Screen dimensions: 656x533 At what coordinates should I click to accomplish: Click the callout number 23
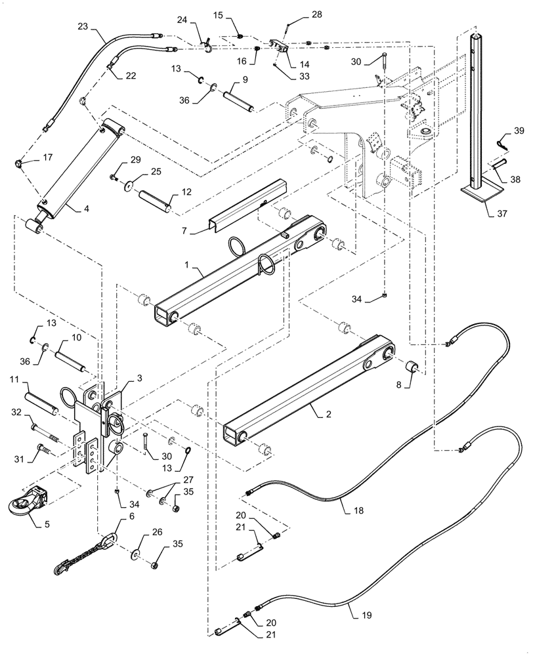[82, 27]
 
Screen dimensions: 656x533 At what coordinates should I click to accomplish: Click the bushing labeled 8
[414, 365]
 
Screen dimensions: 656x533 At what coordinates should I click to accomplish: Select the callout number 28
[317, 14]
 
